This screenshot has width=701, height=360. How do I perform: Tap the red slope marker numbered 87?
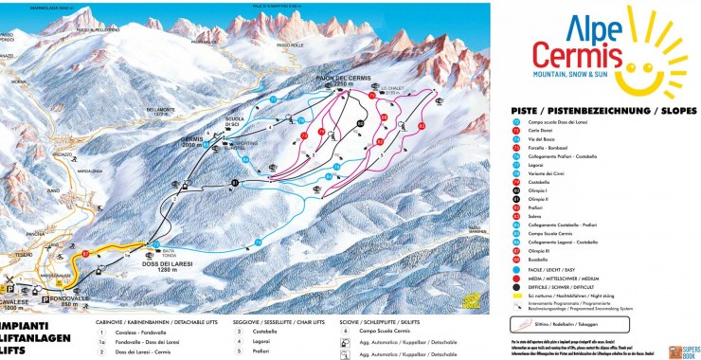click(x=84, y=255)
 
